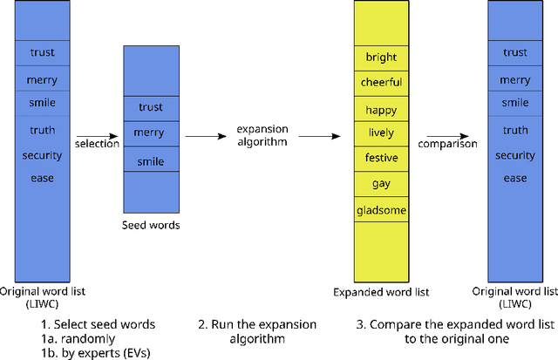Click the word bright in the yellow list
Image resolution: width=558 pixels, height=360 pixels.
click(x=381, y=58)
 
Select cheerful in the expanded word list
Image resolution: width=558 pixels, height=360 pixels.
click(x=381, y=83)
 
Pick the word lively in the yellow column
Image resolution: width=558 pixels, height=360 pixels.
click(x=381, y=133)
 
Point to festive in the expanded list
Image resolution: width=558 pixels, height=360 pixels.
click(x=381, y=159)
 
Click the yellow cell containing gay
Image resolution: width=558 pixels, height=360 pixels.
click(x=381, y=184)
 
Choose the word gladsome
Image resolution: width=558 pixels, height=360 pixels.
click(x=381, y=210)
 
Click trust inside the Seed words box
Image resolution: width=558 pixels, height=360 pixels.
click(x=149, y=107)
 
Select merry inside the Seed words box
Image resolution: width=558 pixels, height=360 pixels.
click(x=149, y=132)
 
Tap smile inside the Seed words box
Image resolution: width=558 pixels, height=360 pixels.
click(x=149, y=161)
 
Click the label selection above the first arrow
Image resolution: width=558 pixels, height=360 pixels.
click(x=97, y=144)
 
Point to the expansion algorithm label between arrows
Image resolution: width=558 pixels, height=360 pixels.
click(x=262, y=136)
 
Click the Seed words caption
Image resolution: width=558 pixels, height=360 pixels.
click(x=149, y=226)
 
